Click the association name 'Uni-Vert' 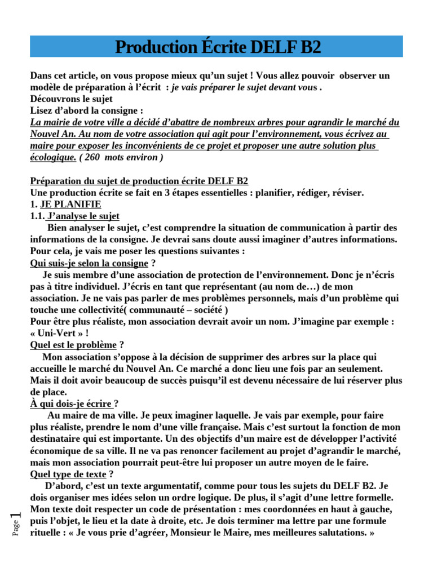click(58, 332)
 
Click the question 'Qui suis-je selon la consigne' click(89, 263)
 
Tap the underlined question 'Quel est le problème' click(73, 344)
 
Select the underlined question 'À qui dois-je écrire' click(71, 403)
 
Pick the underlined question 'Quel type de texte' click(68, 474)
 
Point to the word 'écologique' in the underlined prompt click(52, 157)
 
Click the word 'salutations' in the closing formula click(338, 532)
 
